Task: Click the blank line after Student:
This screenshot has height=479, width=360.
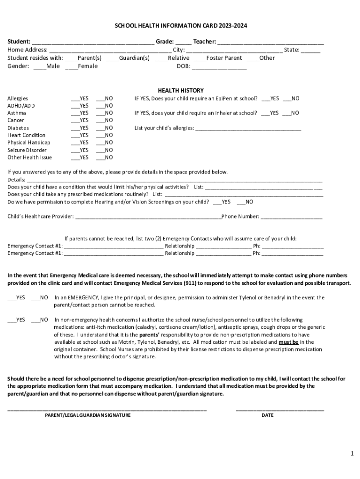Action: pyautogui.click(x=94, y=43)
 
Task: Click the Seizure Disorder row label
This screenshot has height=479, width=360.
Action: pyautogui.click(x=27, y=150)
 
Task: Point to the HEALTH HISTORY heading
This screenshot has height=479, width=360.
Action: pyautogui.click(x=180, y=90)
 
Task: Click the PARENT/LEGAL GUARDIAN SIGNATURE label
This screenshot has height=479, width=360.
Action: pyautogui.click(x=87, y=415)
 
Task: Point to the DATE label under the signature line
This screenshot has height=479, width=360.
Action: pyautogui.click(x=267, y=415)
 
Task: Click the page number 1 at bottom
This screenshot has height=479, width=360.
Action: pyautogui.click(x=352, y=454)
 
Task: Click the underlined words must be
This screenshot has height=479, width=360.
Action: pyautogui.click(x=289, y=342)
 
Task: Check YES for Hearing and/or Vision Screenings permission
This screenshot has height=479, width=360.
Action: pyautogui.click(x=217, y=203)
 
